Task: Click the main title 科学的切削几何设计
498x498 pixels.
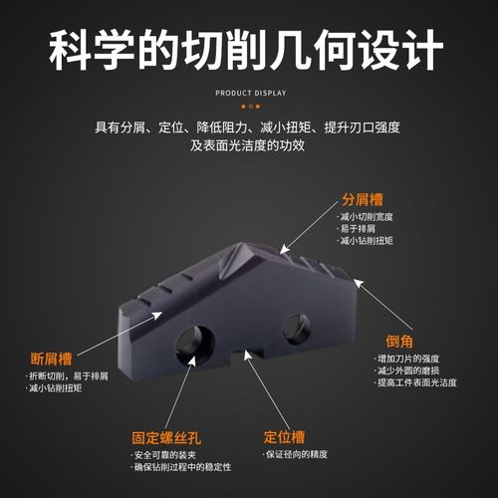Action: click(x=249, y=48)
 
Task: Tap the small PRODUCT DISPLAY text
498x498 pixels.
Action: click(x=250, y=93)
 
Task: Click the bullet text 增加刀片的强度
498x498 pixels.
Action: click(x=408, y=358)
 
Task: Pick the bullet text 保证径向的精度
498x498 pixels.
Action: click(x=298, y=454)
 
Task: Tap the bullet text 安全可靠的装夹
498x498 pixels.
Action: click(x=167, y=454)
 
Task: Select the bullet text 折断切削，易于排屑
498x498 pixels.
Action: click(x=68, y=375)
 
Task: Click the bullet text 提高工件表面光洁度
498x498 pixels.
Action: click(x=416, y=382)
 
